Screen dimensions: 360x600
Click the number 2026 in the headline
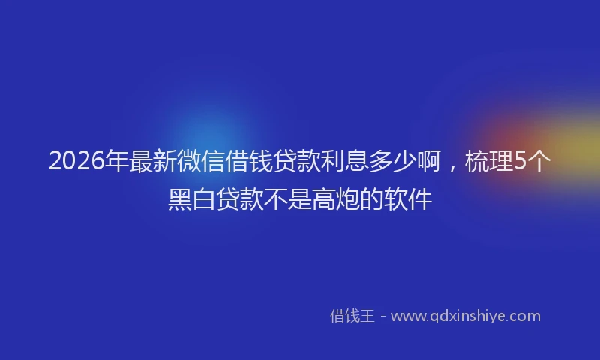[x=76, y=162]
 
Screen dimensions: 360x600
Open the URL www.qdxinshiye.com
[x=465, y=316]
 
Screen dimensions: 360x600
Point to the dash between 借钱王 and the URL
[x=382, y=316]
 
